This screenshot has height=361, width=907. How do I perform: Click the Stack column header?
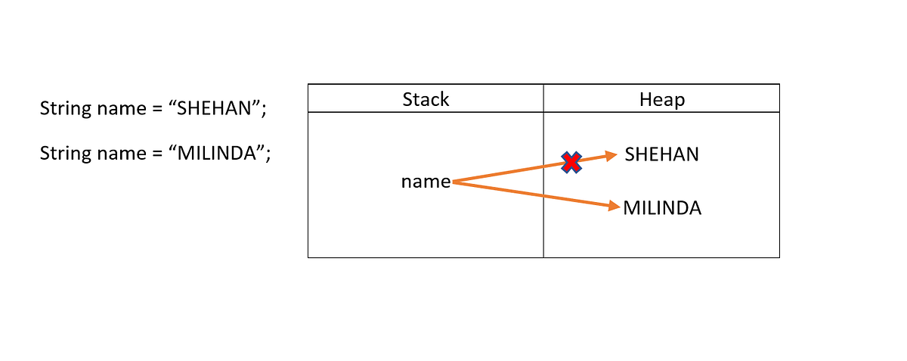tap(426, 99)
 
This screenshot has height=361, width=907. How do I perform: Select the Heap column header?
tap(661, 99)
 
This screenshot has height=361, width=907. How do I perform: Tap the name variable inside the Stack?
tap(426, 182)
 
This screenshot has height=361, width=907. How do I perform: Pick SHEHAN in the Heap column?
tap(661, 154)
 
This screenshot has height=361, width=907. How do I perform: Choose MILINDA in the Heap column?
tap(662, 208)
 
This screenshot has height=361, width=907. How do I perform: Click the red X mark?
tap(571, 162)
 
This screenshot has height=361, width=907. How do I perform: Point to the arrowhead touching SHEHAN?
tap(612, 156)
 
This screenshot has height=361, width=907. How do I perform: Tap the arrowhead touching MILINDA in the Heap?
tap(614, 205)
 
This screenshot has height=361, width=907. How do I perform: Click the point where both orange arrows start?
tap(453, 182)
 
